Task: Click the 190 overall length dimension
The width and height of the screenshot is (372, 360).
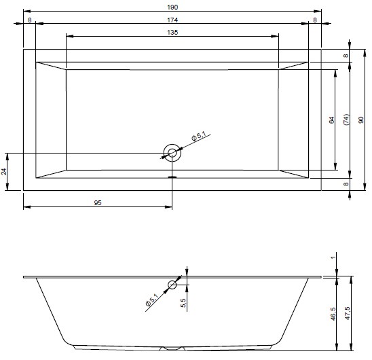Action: click(172, 7)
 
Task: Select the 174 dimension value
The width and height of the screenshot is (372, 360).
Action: click(172, 20)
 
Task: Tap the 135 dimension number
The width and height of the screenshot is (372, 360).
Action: click(172, 33)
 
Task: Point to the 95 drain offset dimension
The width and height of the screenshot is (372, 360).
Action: click(98, 203)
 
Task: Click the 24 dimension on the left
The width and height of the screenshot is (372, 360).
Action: click(4, 171)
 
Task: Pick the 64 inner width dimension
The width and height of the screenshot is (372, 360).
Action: click(332, 120)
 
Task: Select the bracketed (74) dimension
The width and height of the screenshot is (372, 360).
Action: click(346, 120)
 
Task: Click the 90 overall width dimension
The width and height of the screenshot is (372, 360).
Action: click(361, 120)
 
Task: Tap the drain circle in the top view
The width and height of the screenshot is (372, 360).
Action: click(172, 144)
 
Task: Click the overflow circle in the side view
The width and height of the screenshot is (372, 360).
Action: click(172, 281)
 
